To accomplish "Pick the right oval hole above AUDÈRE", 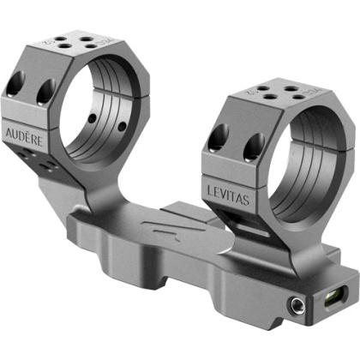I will point(45,91).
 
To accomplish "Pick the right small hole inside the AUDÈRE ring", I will point(123,126).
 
